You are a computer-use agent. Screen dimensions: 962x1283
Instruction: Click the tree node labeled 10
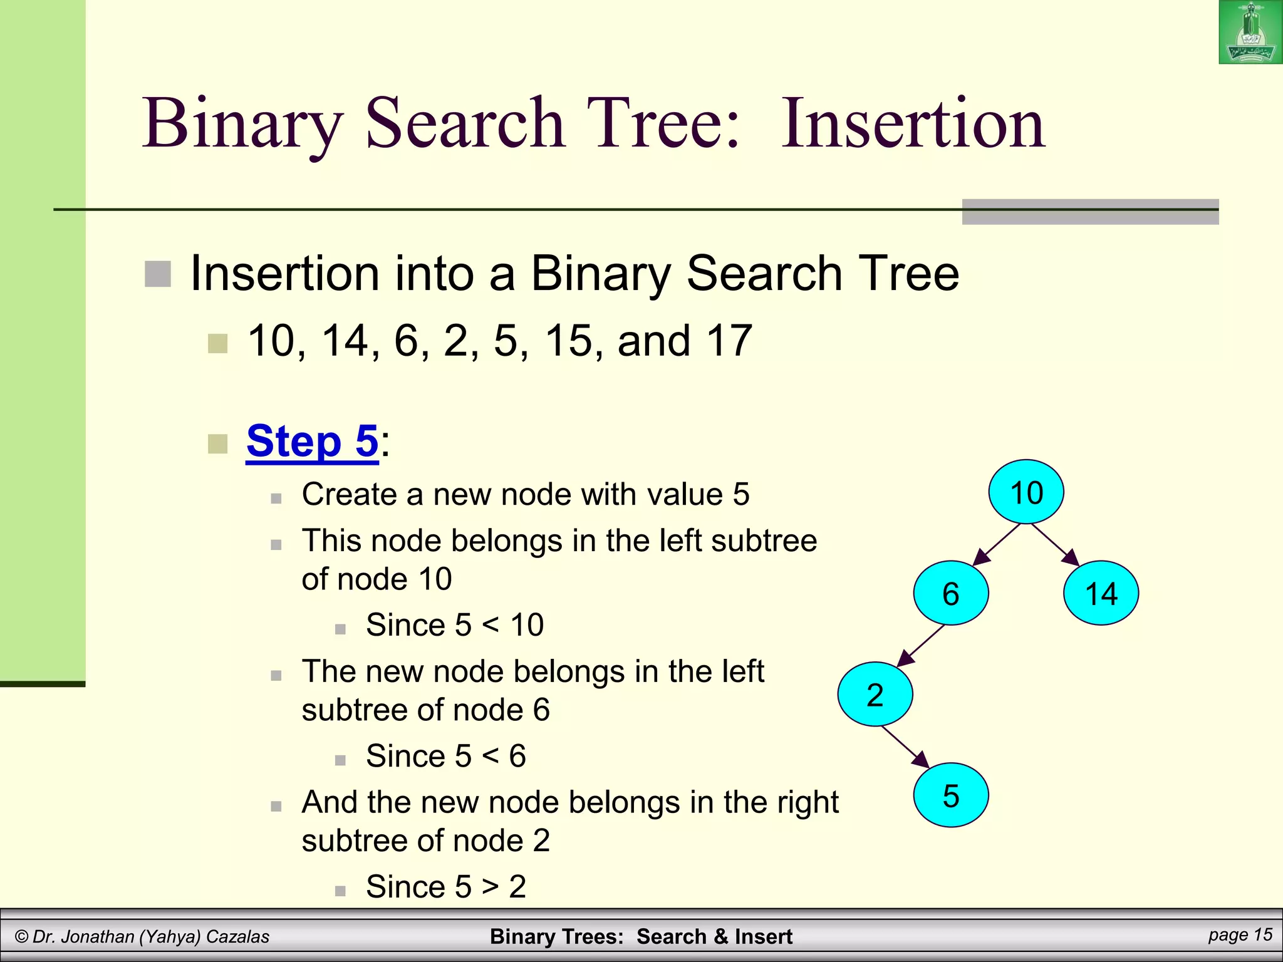tap(1026, 492)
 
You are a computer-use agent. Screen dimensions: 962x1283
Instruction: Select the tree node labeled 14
tap(1101, 592)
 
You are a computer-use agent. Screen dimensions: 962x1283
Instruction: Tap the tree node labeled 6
tap(951, 592)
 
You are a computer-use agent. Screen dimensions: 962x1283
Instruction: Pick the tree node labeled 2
tap(875, 694)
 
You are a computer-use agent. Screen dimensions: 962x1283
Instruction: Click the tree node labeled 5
tap(951, 795)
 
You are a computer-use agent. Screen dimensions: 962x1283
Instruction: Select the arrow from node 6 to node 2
tap(920, 646)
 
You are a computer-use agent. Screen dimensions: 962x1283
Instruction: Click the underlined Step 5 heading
tap(312, 441)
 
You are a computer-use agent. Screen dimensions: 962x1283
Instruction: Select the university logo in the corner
tap(1250, 32)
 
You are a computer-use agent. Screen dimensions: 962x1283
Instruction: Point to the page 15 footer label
tap(1240, 934)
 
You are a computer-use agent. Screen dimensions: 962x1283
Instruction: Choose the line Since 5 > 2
tap(445, 886)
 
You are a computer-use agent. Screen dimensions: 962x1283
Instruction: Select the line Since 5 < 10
tap(454, 624)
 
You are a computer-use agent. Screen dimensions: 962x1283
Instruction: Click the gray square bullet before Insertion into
tap(158, 274)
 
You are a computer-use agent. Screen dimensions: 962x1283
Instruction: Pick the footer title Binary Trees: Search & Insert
tap(641, 936)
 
